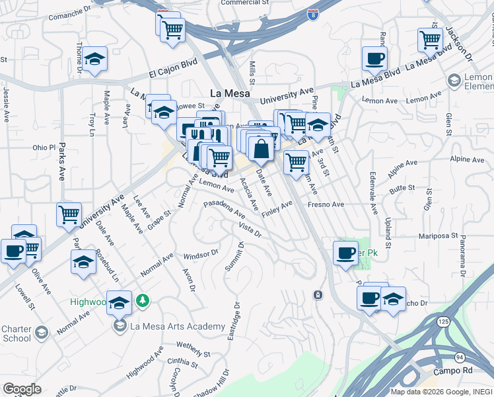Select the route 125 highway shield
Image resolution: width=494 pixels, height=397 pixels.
click(442, 321)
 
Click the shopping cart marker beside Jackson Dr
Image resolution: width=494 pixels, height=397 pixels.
click(430, 40)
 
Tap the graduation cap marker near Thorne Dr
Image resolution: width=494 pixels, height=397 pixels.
click(95, 59)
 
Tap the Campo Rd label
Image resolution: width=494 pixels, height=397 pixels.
click(459, 371)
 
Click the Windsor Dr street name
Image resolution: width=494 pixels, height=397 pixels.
click(201, 254)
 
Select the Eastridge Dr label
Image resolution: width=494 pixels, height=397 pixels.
click(232, 322)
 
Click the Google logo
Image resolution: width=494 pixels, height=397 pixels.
click(22, 388)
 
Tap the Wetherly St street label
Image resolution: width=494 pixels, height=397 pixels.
click(192, 345)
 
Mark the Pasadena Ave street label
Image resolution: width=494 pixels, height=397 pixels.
click(225, 210)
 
